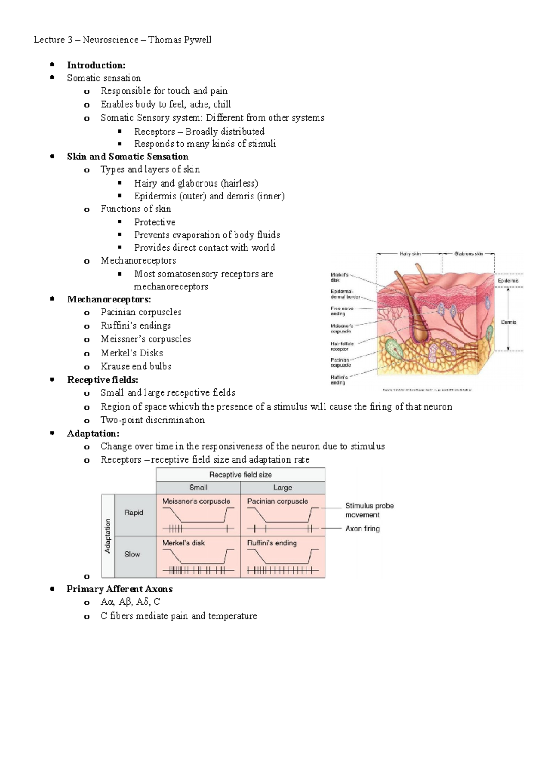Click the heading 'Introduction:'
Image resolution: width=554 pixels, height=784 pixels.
[96, 65]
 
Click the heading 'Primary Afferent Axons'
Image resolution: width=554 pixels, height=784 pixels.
[120, 589]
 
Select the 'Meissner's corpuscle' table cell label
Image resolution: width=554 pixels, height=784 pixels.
[196, 501]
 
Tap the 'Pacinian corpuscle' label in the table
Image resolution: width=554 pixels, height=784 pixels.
[277, 501]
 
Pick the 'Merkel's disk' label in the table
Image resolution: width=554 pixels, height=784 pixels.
[183, 543]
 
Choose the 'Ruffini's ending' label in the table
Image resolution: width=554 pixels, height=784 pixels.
[272, 543]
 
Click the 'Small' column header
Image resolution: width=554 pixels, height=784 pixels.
[198, 488]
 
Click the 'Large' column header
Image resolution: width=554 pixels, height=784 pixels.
[283, 488]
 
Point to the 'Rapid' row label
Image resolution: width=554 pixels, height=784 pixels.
[134, 513]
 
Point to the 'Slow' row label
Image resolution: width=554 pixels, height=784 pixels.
[132, 554]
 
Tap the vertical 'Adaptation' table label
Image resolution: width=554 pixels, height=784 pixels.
[108, 536]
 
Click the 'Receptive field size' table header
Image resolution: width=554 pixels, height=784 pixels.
[241, 475]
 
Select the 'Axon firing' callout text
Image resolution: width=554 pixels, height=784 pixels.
[362, 529]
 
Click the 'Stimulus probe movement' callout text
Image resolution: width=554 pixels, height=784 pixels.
[369, 510]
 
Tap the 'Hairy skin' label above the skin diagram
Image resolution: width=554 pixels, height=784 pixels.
[410, 253]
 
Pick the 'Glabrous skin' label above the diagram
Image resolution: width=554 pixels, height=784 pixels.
[469, 253]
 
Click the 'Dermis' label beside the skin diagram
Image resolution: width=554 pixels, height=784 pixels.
[508, 322]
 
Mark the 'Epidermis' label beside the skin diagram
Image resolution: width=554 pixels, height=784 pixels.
[508, 280]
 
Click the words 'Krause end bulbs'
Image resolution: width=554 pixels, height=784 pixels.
[136, 366]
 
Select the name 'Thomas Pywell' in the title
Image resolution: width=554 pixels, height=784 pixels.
[180, 40]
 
